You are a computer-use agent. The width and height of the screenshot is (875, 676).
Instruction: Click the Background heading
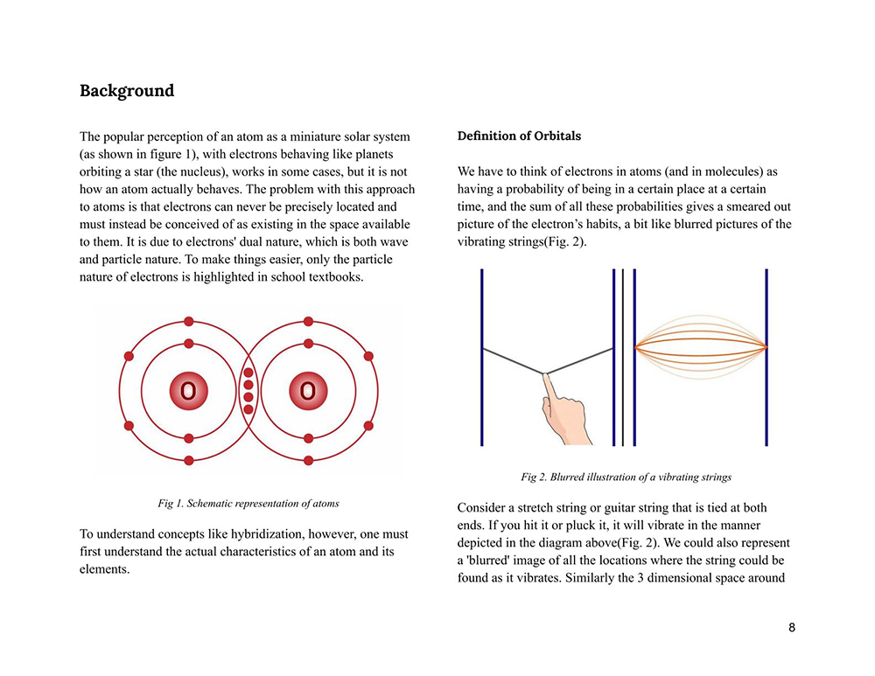127,91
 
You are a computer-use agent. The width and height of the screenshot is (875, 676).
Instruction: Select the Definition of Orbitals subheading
519,136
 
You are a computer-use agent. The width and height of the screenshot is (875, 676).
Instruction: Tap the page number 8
792,627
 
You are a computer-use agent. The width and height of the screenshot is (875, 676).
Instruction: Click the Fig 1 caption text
248,504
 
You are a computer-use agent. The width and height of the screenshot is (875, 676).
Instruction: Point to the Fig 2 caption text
626,477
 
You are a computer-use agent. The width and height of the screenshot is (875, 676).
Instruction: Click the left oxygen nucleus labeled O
188,391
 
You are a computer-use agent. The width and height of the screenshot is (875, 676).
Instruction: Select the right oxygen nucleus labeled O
308,391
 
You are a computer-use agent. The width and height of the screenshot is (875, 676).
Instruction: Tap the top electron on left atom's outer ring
188,322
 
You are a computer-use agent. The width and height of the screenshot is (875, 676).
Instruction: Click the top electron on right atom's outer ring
308,322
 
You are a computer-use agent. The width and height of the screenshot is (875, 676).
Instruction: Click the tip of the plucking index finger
545,377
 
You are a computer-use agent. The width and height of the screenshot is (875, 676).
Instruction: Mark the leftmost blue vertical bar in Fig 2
482,357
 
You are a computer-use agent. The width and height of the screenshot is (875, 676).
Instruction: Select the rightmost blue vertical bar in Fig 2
766,357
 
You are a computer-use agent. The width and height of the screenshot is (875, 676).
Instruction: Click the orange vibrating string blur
700,347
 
